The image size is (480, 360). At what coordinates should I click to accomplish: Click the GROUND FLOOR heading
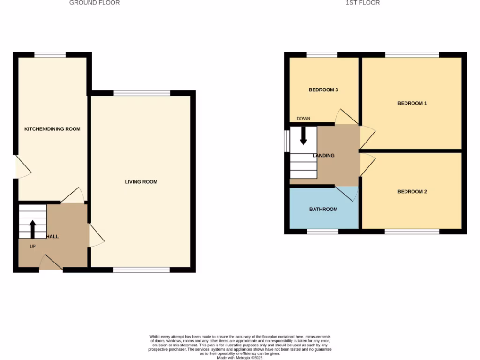[x=94, y=3]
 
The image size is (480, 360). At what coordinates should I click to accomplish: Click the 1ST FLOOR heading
[x=363, y=3]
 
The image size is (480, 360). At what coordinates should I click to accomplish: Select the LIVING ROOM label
[x=141, y=182]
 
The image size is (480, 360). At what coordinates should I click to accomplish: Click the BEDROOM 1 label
[x=412, y=103]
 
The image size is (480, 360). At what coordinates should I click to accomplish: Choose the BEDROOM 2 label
[x=412, y=192]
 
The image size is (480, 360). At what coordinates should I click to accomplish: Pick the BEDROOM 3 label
[x=323, y=90]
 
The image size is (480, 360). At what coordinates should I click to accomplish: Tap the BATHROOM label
[x=323, y=209]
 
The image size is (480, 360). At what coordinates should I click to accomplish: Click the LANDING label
[x=324, y=156]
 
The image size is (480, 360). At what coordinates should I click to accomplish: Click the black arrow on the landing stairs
[x=303, y=135]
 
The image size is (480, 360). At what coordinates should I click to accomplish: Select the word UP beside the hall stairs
[x=33, y=246]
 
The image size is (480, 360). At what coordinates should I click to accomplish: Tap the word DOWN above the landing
[x=303, y=119]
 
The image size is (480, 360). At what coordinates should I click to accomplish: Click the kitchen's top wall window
[x=50, y=55]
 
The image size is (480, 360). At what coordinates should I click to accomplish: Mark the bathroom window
[x=323, y=232]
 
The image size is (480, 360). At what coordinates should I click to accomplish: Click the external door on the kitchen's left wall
[x=22, y=167]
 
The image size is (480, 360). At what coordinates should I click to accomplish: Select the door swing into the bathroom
[x=347, y=193]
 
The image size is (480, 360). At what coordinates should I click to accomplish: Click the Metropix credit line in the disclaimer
[x=240, y=357]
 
